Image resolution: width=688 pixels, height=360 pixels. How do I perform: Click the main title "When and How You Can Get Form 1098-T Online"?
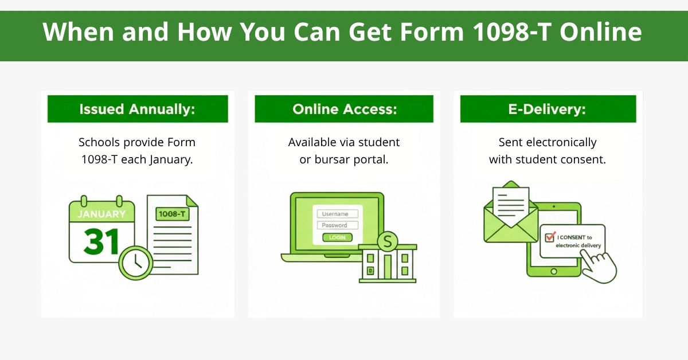point(343,33)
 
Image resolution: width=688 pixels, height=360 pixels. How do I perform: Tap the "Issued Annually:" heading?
point(137,109)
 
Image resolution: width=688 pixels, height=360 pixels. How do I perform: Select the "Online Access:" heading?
point(344,109)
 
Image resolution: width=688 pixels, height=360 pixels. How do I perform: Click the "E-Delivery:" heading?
point(548,109)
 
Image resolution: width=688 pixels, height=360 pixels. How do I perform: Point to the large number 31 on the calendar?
point(101,241)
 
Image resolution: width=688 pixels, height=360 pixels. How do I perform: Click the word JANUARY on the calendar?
point(101,214)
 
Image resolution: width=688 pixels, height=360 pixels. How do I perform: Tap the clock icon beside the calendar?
point(136,263)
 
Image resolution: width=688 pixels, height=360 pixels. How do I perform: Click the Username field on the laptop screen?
point(337,214)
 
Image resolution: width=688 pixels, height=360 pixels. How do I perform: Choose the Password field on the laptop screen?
point(337,225)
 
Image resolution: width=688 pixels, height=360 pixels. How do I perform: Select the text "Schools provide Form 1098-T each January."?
point(137,151)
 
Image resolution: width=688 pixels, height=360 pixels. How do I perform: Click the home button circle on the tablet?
point(554,271)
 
